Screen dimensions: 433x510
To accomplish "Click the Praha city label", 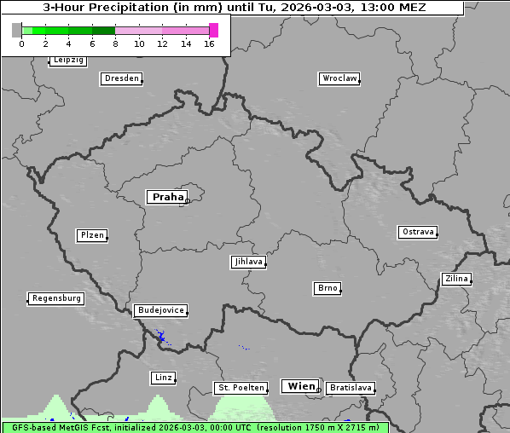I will tap(167, 197).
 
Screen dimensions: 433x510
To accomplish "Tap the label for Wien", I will tap(300, 386).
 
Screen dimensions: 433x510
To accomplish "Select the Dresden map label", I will tap(120, 78).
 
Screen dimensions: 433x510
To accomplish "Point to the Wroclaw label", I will tap(339, 78).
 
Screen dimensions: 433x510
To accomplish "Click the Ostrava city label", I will tap(418, 232).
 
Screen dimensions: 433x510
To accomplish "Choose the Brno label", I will tap(327, 288).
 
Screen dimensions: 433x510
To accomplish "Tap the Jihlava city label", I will tap(247, 262).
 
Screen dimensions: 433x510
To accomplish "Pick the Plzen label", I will tap(91, 235).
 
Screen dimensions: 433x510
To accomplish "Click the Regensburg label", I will tap(55, 298).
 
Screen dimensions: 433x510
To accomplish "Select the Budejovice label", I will tap(159, 310).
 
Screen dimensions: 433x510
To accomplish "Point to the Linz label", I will tap(163, 378).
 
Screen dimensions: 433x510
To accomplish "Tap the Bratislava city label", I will tap(350, 388).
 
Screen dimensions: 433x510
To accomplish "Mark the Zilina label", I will tap(455, 279).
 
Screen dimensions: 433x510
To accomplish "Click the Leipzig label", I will tap(67, 61).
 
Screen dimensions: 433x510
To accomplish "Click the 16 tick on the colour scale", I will tap(209, 43).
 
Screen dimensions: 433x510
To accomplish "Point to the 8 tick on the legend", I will tap(115, 43).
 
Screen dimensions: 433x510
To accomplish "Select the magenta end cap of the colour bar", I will tap(213, 30).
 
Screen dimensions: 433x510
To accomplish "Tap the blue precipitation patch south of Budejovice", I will tap(160, 336).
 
